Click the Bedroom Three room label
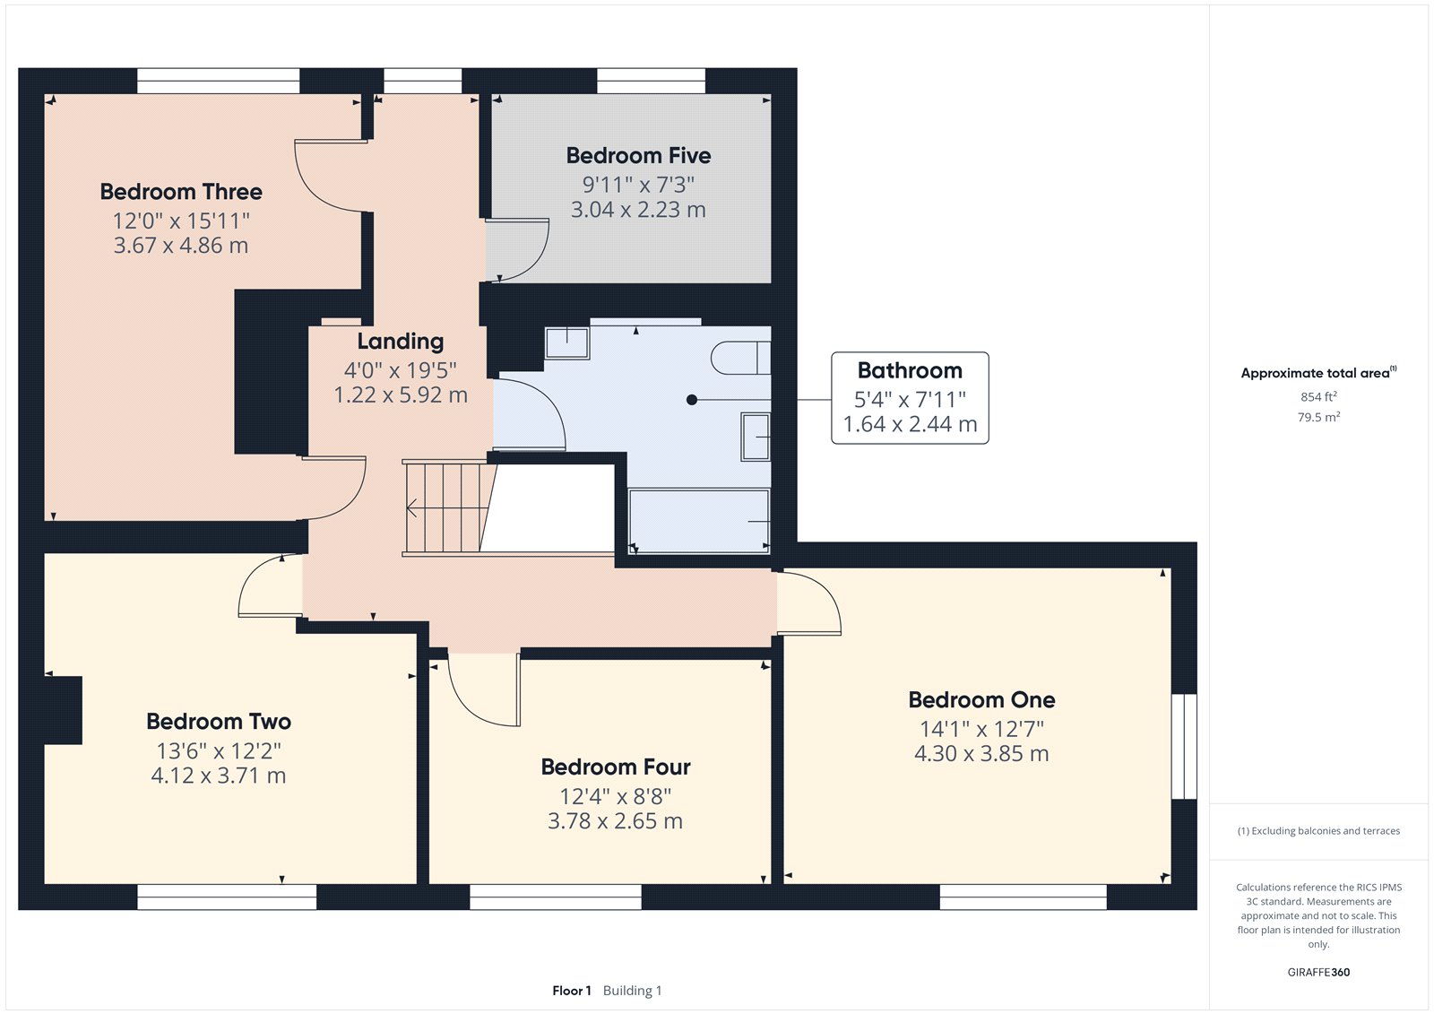pyautogui.click(x=181, y=192)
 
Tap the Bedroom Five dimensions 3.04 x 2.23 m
pyautogui.click(x=638, y=210)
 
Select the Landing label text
pyautogui.click(x=400, y=342)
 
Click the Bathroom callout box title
pyautogui.click(x=910, y=370)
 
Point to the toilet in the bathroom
pyautogui.click(x=740, y=358)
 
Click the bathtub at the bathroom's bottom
pyautogui.click(x=698, y=520)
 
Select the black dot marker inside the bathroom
pyautogui.click(x=692, y=400)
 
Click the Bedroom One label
pyautogui.click(x=981, y=700)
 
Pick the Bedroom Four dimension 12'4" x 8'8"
pyautogui.click(x=615, y=796)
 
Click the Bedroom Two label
pyautogui.click(x=219, y=722)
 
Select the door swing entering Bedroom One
pyautogui.click(x=808, y=602)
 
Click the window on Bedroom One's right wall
pyautogui.click(x=1184, y=746)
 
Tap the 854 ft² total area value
pyautogui.click(x=1318, y=396)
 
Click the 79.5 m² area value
pyautogui.click(x=1318, y=417)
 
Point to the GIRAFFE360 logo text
pyautogui.click(x=1318, y=972)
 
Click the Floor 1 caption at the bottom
pyautogui.click(x=572, y=991)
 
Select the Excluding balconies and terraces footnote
pyautogui.click(x=1318, y=831)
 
